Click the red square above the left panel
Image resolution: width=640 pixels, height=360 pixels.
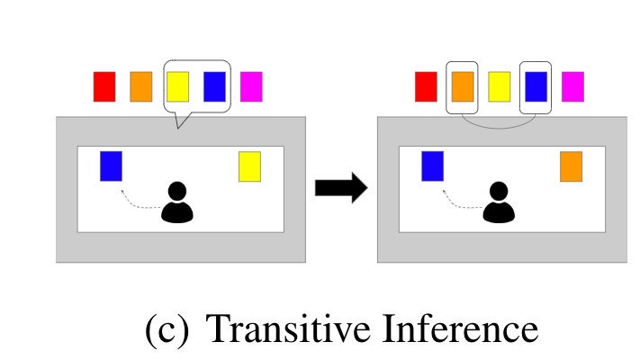click(x=104, y=86)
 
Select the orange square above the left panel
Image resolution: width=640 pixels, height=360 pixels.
click(x=141, y=86)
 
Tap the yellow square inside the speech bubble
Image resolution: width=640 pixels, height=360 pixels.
click(x=177, y=86)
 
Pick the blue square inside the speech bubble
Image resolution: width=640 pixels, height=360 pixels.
click(x=214, y=86)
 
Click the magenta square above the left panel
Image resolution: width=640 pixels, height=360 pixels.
click(x=251, y=86)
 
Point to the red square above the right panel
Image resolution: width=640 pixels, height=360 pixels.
click(x=426, y=86)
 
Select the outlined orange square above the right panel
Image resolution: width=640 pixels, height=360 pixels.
click(x=463, y=86)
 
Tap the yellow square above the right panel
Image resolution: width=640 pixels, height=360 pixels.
click(x=499, y=86)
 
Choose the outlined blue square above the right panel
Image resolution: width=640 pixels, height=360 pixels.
click(x=536, y=86)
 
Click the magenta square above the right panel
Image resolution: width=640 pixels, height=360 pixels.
click(x=572, y=86)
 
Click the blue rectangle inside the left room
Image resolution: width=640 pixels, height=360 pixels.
click(x=111, y=166)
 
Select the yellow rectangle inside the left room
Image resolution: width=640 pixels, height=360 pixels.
click(x=249, y=166)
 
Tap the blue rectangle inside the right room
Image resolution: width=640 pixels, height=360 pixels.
click(x=432, y=166)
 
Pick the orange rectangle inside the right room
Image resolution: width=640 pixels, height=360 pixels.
click(x=571, y=166)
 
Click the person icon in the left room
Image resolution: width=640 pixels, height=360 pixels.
click(x=177, y=202)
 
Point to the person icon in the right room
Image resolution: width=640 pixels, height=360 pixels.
click(x=499, y=202)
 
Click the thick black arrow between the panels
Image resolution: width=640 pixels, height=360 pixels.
click(x=340, y=188)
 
